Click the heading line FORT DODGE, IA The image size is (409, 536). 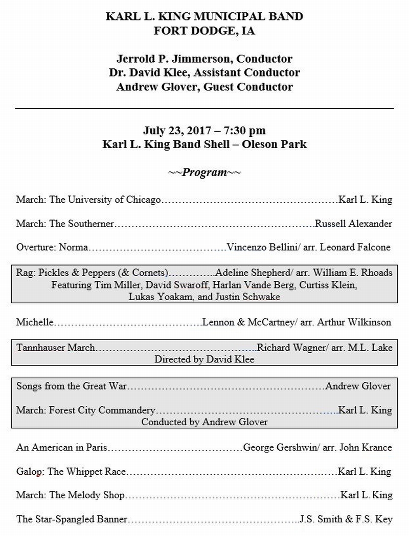pos(204,30)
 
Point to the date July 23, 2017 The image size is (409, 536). pos(172,131)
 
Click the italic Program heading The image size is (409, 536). pos(204,172)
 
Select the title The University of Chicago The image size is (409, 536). pos(105,200)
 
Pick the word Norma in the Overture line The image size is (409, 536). pos(74,248)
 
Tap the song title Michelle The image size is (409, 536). pos(35,322)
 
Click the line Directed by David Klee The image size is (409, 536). pos(204,359)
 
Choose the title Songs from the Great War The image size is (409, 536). pos(72,386)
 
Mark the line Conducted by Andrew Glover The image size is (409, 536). pos(204,422)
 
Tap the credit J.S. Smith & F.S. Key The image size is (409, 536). pos(346,520)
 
